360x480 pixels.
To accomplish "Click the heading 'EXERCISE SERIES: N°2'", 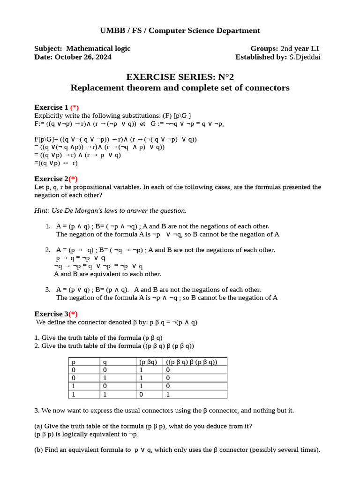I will coord(180,77).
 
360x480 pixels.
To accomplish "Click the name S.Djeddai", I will coord(305,57).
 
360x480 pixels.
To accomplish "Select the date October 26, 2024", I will coord(83,57).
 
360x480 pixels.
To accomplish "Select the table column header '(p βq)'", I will coord(148,362).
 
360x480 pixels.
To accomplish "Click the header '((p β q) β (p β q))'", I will coord(191,362).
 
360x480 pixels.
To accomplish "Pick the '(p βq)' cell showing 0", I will coord(141,394).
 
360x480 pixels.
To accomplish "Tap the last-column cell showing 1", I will coord(168,394).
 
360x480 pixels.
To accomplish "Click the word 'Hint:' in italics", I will coord(42,210).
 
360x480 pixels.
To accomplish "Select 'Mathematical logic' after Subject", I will coord(98,49).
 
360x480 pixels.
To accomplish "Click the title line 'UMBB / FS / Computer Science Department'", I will coord(180,30).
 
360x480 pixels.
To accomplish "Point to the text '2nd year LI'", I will coord(300,49).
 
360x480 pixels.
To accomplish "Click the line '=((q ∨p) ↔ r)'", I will coord(56,163).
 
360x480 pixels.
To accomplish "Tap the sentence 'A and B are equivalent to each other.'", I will coord(107,274).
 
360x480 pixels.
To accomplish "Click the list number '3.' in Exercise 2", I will coord(48,290).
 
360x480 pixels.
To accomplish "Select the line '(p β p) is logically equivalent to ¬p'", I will coord(85,434).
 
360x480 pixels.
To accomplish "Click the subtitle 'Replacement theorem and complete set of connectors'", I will coord(180,88).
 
